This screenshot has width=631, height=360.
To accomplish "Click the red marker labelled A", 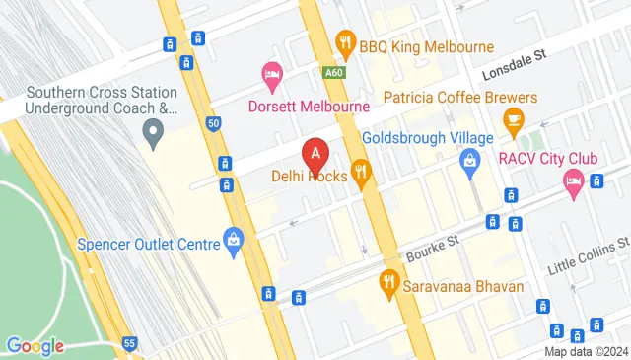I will (315, 155).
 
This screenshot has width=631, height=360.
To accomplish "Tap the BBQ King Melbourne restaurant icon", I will (345, 42).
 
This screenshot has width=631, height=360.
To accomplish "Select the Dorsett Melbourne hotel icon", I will (271, 73).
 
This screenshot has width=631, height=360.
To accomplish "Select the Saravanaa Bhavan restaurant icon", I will (388, 284).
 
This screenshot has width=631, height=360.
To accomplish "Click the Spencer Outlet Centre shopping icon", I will (233, 238).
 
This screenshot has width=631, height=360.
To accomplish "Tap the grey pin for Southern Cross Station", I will (153, 130).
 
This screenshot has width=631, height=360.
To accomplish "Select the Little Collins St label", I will (590, 253).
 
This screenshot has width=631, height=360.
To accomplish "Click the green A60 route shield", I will (333, 71).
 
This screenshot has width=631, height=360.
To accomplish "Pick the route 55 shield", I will (129, 342).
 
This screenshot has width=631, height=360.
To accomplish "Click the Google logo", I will (35, 345).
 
